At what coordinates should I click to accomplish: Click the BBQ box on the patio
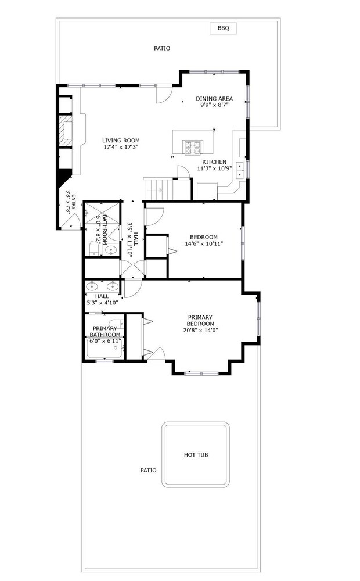[223, 28]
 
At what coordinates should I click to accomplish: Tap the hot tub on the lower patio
[196, 454]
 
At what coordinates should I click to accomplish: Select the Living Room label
[121, 141]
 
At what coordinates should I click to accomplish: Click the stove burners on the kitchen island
[193, 148]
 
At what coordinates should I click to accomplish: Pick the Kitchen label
[214, 162]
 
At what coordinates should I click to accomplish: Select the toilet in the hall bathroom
[93, 248]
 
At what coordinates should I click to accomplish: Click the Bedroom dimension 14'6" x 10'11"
[204, 244]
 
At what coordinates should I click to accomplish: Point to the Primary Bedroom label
[200, 321]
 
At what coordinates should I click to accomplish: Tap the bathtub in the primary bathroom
[105, 348]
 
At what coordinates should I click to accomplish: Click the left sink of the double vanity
[91, 286]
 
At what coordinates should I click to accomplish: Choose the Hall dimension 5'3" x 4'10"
[102, 303]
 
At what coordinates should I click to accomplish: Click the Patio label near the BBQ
[162, 48]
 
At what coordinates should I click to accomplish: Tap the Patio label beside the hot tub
[148, 470]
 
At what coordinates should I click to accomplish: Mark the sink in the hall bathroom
[111, 250]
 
